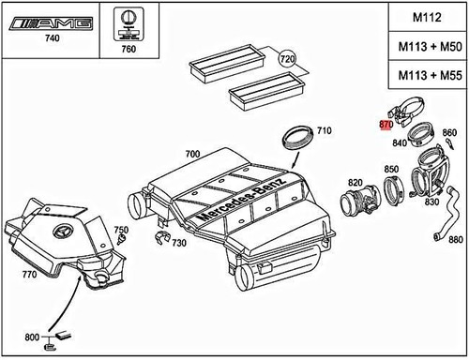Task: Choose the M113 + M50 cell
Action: point(424,47)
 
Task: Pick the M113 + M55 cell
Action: point(424,75)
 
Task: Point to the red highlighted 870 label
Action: point(385,124)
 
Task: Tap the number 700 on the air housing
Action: point(192,152)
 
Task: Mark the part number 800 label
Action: point(32,337)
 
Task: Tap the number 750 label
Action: point(121,230)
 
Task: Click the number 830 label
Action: point(434,202)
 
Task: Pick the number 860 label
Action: point(448,132)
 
